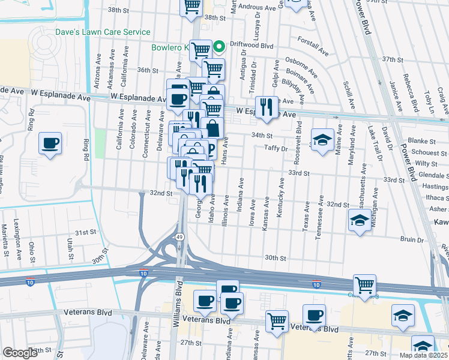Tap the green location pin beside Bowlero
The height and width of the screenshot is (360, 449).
220,45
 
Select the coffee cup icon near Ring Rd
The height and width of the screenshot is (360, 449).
50,143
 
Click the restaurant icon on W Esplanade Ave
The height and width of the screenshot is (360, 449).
267,107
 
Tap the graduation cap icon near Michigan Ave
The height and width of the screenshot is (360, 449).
359,220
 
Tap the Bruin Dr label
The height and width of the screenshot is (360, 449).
412,239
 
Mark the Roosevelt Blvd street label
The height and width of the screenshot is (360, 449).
298,137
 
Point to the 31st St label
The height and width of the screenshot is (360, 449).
85,232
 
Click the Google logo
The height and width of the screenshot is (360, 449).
20,353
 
